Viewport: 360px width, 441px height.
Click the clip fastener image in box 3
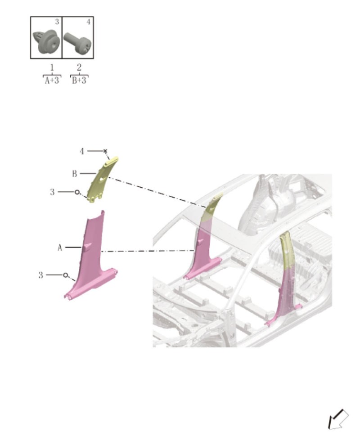tap(46, 41)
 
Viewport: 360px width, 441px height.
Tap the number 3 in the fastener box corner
tap(57, 22)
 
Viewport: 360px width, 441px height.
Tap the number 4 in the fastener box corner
tap(88, 22)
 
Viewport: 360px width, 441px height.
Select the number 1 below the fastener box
tap(52, 68)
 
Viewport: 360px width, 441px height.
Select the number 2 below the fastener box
tap(79, 68)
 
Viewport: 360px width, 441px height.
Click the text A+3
tap(52, 81)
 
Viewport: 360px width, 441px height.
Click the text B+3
tap(79, 81)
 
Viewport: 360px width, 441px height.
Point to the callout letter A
tap(60, 247)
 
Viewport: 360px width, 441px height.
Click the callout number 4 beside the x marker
tap(82, 151)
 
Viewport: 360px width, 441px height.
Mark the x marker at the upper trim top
tap(105, 151)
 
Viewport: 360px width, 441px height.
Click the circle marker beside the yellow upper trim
tap(77, 192)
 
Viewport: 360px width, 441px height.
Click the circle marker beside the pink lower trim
tap(66, 274)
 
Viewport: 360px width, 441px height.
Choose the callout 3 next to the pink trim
tap(41, 274)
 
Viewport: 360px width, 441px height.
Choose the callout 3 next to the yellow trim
tap(52, 192)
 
